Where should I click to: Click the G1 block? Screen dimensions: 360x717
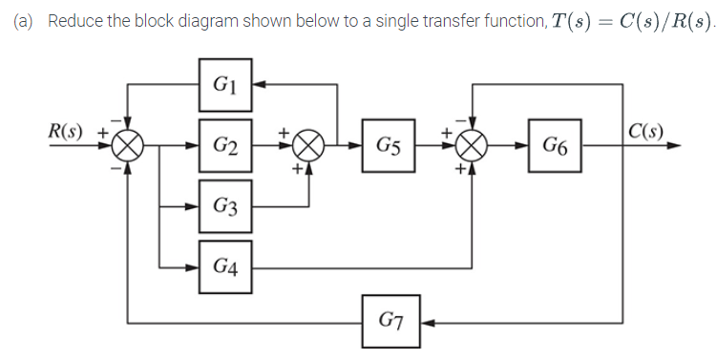[x=225, y=84]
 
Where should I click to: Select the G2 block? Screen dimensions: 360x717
[x=225, y=146]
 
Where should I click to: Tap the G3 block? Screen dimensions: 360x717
[x=225, y=205]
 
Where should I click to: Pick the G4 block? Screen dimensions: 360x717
[x=225, y=266]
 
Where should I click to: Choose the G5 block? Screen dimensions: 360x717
[x=388, y=146]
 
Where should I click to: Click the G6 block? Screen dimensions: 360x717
[x=555, y=146]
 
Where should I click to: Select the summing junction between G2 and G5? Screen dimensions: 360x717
[x=309, y=147]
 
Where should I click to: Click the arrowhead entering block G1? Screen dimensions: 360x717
[x=258, y=84]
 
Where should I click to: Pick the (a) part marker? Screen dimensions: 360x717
[x=24, y=21]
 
